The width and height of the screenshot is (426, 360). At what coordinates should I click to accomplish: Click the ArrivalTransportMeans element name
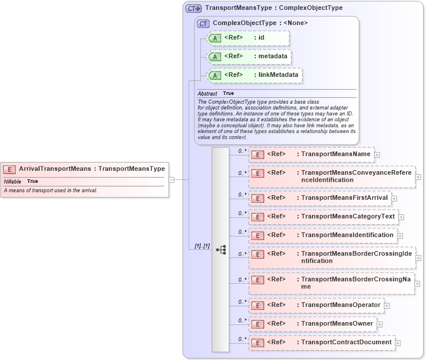tap(55, 169)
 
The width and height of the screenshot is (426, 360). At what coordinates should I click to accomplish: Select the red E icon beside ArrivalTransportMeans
tap(9, 170)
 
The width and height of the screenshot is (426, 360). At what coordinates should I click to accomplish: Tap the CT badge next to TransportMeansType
tap(193, 9)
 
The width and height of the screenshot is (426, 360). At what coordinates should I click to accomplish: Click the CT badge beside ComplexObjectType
tap(203, 23)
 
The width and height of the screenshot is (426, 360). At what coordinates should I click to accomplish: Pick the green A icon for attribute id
tap(215, 38)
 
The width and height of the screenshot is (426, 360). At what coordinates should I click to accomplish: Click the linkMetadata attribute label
tap(278, 75)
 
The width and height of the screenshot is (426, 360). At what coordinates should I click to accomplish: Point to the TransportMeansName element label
tap(335, 154)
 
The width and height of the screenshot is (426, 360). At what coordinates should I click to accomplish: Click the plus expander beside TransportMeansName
tap(377, 155)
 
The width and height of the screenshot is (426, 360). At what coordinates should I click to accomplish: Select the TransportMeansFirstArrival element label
tap(344, 198)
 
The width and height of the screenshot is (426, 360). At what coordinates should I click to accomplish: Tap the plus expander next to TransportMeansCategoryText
tap(401, 217)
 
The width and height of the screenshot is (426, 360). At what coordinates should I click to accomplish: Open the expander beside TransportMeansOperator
tap(387, 305)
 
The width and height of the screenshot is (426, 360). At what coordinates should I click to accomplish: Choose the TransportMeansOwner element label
tap(337, 324)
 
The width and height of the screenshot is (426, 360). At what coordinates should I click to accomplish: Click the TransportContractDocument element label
tap(346, 343)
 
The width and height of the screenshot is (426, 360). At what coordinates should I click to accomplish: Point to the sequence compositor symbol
tap(221, 249)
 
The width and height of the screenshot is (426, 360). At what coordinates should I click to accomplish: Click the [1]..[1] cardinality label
tap(202, 246)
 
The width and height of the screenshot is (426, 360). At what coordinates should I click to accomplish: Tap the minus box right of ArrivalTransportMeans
tap(172, 179)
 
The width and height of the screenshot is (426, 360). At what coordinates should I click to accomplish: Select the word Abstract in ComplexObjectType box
tap(207, 93)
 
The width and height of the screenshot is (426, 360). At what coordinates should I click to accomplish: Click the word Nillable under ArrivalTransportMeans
tap(12, 181)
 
